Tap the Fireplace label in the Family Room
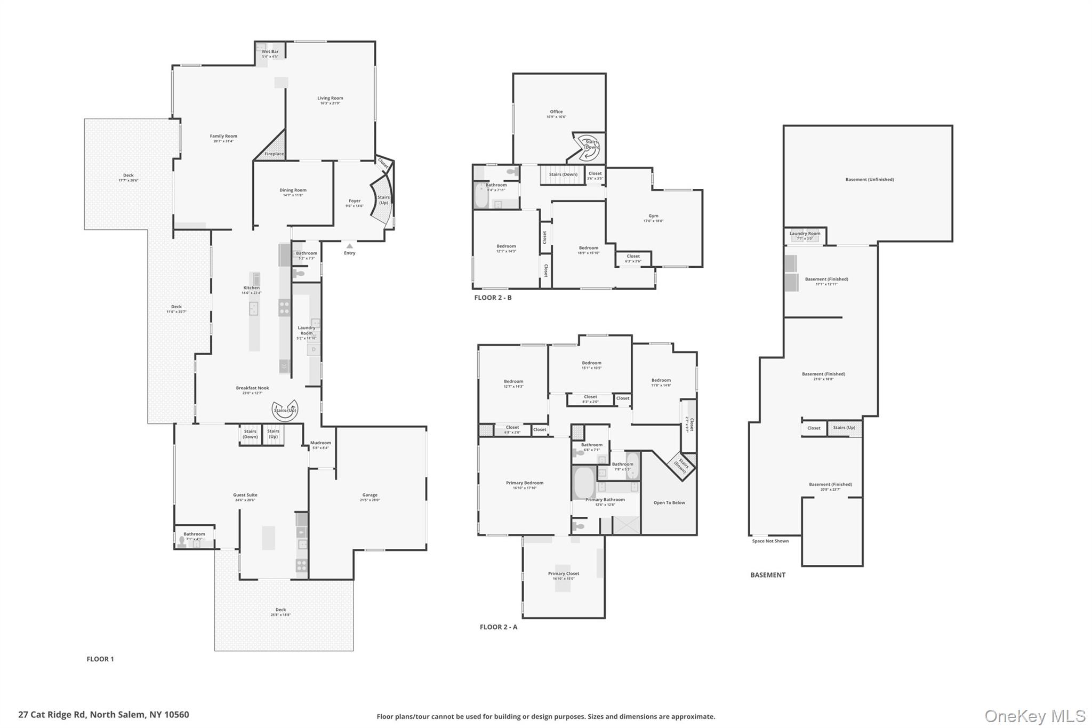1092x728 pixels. pos(274,154)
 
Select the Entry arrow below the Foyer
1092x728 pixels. pos(349,246)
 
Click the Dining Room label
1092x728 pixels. pos(293,190)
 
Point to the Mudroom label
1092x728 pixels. pos(320,443)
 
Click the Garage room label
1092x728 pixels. pos(370,495)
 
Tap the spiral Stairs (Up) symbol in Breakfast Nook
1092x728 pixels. pos(285,410)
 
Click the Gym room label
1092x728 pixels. pos(653,217)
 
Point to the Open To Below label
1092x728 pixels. pos(669,503)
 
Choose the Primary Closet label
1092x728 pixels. pos(564,574)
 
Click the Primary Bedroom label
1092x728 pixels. pos(525,483)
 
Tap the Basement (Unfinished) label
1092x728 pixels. pos(869,180)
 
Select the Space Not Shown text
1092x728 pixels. pos(770,541)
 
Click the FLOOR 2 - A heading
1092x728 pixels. pos(498,627)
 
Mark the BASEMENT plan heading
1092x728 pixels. pos(767,575)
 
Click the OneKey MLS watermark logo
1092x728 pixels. pos(1034,716)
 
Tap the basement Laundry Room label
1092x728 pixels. pos(805,234)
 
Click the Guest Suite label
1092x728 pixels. pos(245,495)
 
